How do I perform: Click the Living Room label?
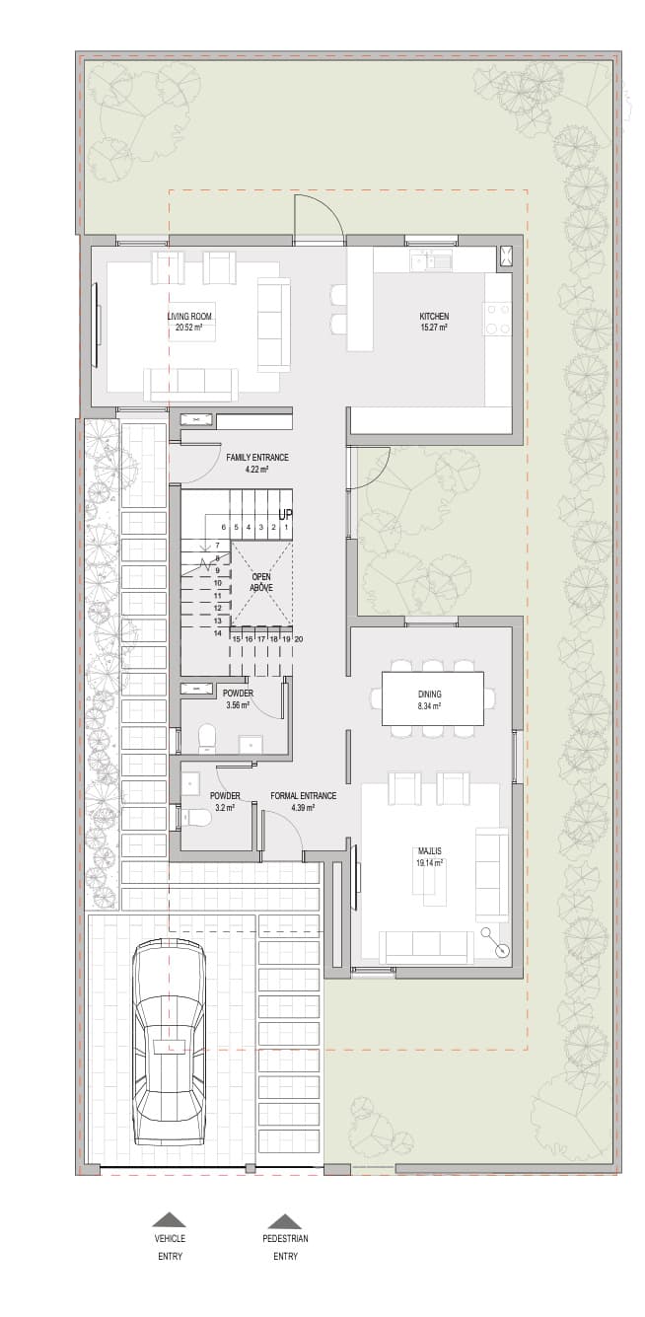coord(188,322)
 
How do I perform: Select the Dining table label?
coord(430,700)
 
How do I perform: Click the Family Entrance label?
coord(257,463)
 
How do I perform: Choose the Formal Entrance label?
coord(303,801)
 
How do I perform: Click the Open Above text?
coord(260,582)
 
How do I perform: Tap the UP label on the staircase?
coord(285,515)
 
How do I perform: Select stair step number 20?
coord(299,639)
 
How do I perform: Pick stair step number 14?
coord(218,633)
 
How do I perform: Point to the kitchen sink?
coord(430,258)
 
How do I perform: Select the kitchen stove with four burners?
coord(497,320)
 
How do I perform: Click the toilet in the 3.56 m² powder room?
coord(206,738)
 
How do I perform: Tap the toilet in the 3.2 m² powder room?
coord(193,816)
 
